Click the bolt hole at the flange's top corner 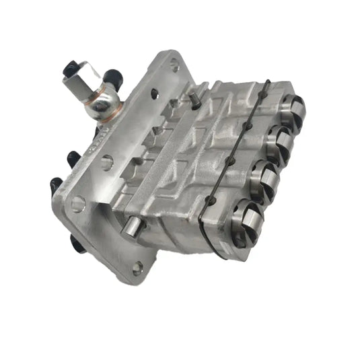tap(175, 66)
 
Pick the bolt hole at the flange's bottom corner tap(138, 268)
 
